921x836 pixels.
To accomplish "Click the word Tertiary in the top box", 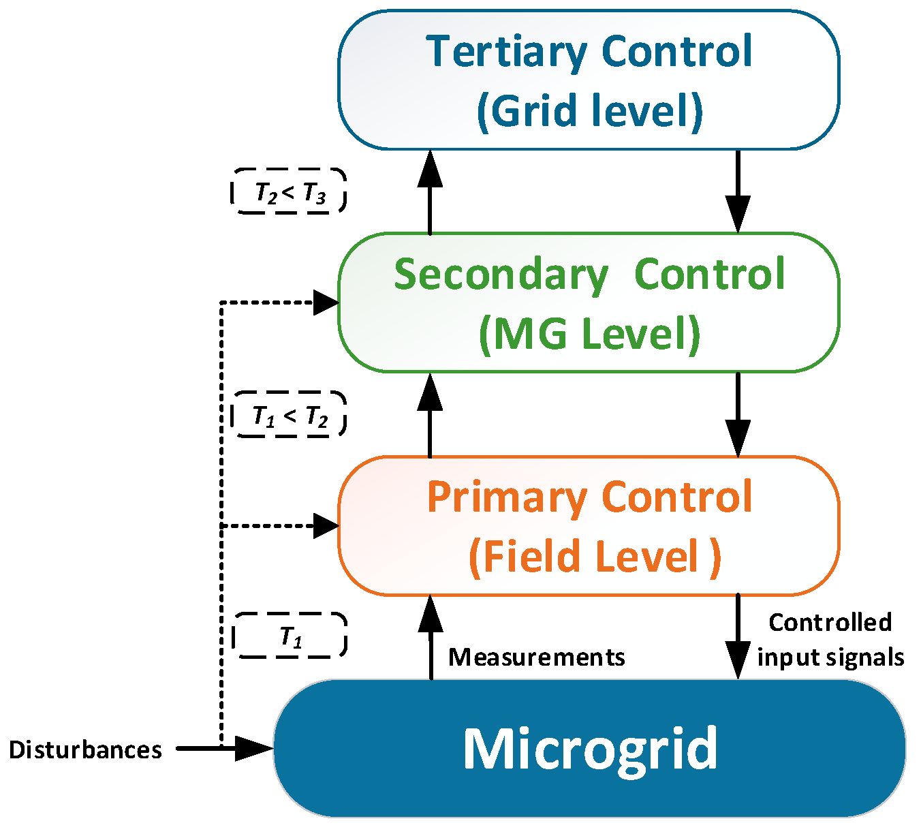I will [505, 52].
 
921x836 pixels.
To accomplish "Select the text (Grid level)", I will [589, 110].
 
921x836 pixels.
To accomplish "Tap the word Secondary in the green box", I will [501, 275].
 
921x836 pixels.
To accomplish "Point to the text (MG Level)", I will [589, 334].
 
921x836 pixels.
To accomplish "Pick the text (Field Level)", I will [594, 557].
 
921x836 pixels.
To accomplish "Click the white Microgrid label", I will [590, 749].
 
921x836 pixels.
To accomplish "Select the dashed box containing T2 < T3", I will [290, 191].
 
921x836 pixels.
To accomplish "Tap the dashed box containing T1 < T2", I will [290, 414].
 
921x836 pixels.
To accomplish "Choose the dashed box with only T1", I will [290, 636].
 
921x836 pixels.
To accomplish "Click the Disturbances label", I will [85, 749].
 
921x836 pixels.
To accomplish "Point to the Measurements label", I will [537, 657].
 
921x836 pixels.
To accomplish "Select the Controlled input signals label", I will [830, 640].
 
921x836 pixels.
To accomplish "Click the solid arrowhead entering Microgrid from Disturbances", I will [254, 748].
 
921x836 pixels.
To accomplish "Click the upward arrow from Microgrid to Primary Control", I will [430, 637].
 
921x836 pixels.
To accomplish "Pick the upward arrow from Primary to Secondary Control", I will [430, 414].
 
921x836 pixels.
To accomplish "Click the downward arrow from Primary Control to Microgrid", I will [738, 637].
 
